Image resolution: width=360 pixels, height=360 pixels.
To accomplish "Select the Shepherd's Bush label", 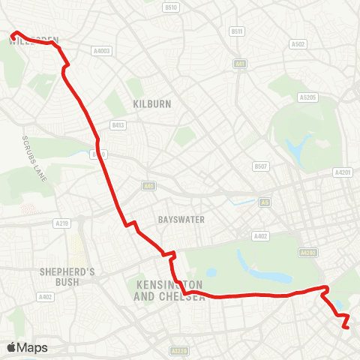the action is pyautogui.click(x=67, y=277).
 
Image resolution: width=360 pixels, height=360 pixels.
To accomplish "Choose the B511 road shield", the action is pyautogui.click(x=238, y=31).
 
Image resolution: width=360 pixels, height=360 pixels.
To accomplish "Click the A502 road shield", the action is pyautogui.click(x=298, y=44).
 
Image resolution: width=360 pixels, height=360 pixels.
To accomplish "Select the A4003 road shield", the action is pyautogui.click(x=101, y=51).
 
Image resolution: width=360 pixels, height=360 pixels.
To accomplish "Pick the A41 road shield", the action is pyautogui.click(x=239, y=64).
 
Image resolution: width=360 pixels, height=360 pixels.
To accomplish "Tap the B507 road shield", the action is pyautogui.click(x=260, y=166).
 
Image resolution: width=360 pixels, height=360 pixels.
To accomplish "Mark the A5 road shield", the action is pyautogui.click(x=264, y=202).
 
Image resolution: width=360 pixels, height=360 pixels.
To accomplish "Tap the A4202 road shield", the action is pyautogui.click(x=305, y=253).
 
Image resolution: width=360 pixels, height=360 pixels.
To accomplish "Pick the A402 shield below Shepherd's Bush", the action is pyautogui.click(x=45, y=297).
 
